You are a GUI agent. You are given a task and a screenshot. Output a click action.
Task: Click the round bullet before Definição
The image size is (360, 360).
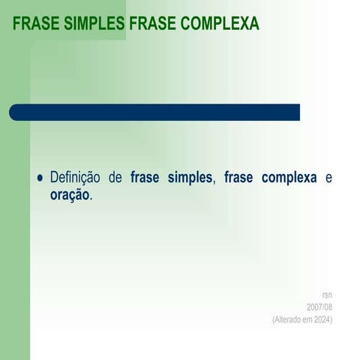click(x=40, y=178)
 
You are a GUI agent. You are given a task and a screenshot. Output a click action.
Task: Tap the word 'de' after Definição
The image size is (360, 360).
click(x=115, y=178)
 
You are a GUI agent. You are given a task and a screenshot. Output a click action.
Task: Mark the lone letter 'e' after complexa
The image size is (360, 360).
click(x=328, y=178)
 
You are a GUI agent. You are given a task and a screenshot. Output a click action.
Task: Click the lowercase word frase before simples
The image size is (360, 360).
click(x=145, y=178)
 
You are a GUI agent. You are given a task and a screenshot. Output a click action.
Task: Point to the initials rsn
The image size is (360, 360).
click(x=327, y=295)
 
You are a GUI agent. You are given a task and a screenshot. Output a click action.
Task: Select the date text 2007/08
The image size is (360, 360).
click(x=319, y=307)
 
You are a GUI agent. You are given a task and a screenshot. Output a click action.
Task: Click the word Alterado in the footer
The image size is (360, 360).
click(x=289, y=320)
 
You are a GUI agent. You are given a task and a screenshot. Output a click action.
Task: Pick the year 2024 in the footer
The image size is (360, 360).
click(x=322, y=320)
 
